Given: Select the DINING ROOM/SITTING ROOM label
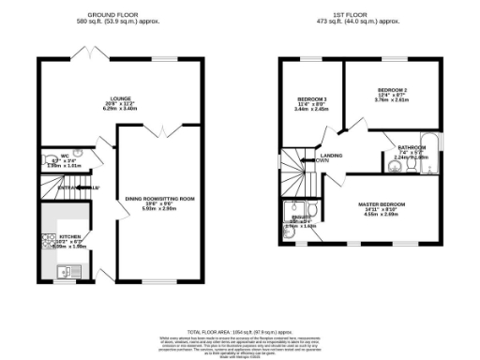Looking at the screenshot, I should [x=160, y=199].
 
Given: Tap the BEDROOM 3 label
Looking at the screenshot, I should [x=312, y=98].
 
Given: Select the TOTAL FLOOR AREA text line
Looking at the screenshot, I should [x=239, y=332].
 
